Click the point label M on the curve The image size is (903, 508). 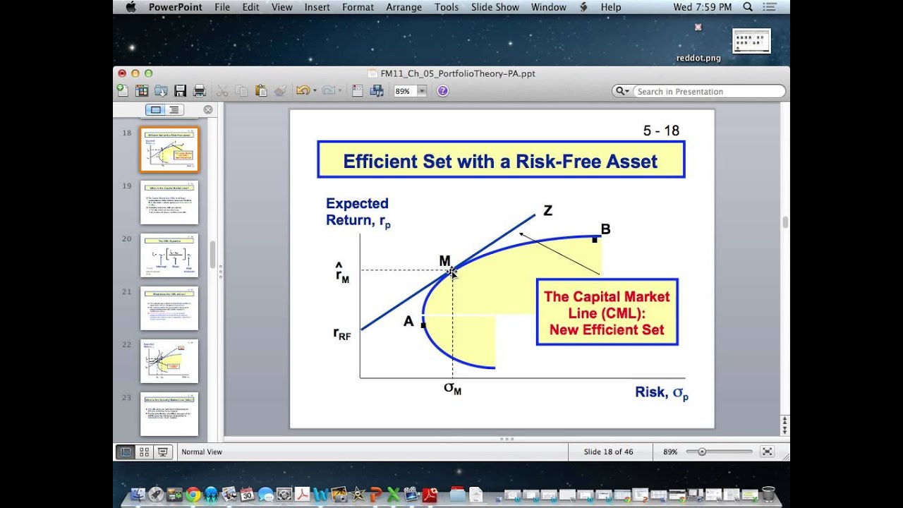click(444, 261)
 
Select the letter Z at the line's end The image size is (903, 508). click(547, 210)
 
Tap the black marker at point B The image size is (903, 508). click(595, 240)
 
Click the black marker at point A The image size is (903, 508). click(423, 325)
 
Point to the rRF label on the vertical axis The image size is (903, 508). click(342, 333)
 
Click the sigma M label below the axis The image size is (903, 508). click(452, 388)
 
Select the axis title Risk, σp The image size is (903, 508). click(661, 392)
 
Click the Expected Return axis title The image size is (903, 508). click(358, 212)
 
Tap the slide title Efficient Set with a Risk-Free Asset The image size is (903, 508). click(500, 161)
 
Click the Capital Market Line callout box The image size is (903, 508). click(607, 313)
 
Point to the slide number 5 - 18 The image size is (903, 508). click(661, 131)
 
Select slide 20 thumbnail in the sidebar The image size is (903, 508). click(169, 255)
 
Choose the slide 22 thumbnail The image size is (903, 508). click(169, 361)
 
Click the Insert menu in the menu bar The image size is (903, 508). click(317, 7)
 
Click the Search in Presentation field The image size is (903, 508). click(705, 91)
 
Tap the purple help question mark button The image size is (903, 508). click(442, 91)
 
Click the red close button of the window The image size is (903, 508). click(122, 73)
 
